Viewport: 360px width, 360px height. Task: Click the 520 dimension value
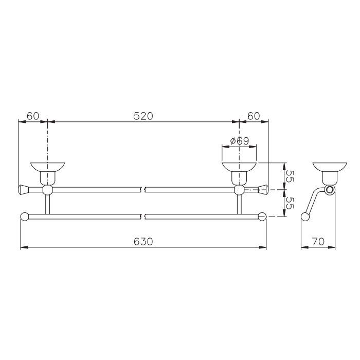[143, 116]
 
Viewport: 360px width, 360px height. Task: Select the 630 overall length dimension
[143, 242]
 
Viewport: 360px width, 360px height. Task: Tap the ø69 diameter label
[239, 141]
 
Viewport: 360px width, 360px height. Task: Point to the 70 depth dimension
[318, 242]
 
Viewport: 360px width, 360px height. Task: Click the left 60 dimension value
[33, 116]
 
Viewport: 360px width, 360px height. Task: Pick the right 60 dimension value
[254, 116]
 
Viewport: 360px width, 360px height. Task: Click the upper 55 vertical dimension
[290, 176]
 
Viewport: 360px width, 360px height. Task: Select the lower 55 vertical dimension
[290, 203]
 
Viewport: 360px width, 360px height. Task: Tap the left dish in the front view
[47, 167]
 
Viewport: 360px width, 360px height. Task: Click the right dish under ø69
[239, 167]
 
